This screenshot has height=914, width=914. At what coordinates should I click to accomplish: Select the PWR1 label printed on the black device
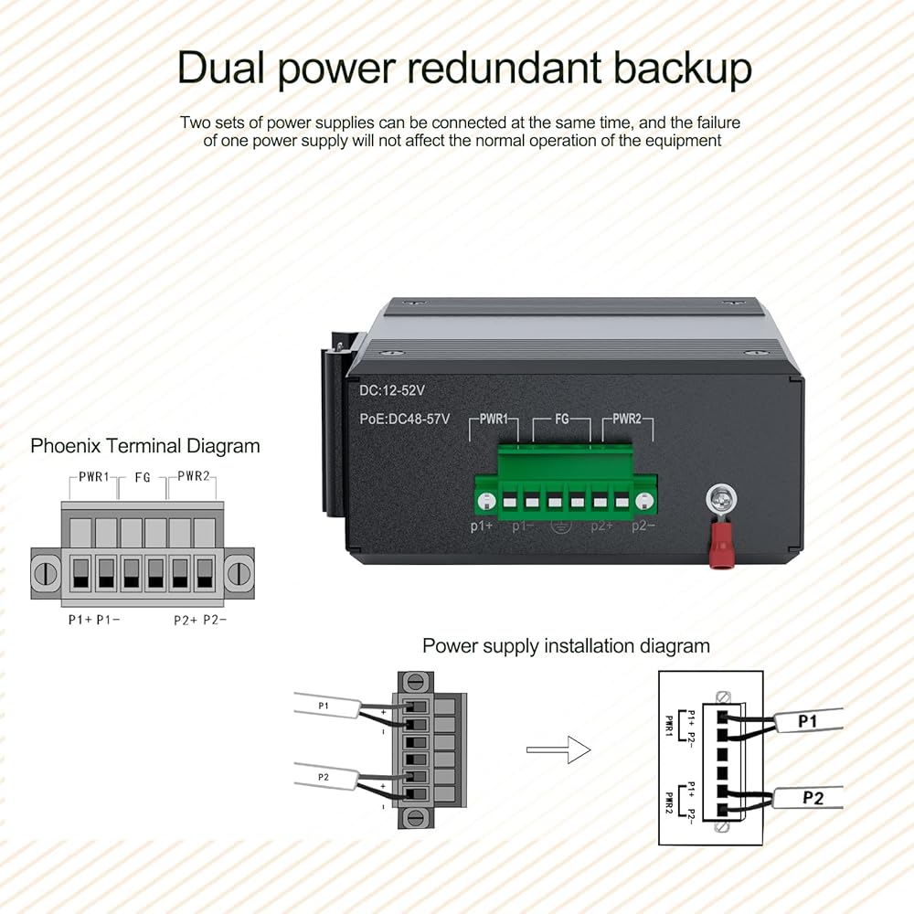(x=494, y=420)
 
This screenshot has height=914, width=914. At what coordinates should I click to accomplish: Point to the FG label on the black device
(x=562, y=420)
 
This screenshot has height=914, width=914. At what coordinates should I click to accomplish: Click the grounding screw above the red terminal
(x=721, y=501)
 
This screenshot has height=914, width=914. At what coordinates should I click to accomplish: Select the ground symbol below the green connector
(x=559, y=526)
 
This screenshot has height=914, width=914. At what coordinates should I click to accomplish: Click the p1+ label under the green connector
(x=482, y=526)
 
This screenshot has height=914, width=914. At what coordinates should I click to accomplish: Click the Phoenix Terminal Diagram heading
(x=145, y=446)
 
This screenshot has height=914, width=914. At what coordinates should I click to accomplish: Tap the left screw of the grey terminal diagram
(x=45, y=572)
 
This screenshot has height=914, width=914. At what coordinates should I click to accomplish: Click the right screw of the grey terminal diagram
(x=240, y=572)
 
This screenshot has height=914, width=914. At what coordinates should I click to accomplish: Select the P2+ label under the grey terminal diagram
(x=186, y=619)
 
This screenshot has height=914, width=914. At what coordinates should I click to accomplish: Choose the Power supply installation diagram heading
(x=566, y=646)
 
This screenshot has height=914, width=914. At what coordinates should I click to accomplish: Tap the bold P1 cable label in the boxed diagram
(x=808, y=722)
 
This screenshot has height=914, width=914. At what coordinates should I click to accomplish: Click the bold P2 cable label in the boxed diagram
(x=813, y=798)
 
